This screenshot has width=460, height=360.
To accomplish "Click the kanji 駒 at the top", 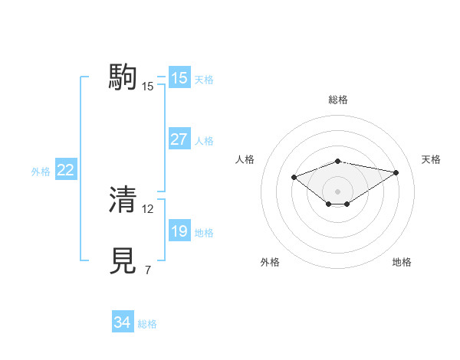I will pyautogui.click(x=123, y=77).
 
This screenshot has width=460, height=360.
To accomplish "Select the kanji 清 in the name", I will pyautogui.click(x=123, y=199).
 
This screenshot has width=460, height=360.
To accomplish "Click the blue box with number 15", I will pyautogui.click(x=179, y=78).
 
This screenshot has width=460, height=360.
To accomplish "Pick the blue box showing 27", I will pyautogui.click(x=179, y=139).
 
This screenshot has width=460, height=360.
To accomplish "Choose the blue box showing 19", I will pyautogui.click(x=179, y=231).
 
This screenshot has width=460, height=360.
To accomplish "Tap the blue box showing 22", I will pyautogui.click(x=66, y=170).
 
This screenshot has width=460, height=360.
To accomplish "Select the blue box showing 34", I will pyautogui.click(x=122, y=322).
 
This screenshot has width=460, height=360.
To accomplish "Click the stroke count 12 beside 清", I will pyautogui.click(x=148, y=208).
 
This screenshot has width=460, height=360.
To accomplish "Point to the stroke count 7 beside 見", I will pyautogui.click(x=147, y=270).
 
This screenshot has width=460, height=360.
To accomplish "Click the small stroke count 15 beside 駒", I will pyautogui.click(x=148, y=87).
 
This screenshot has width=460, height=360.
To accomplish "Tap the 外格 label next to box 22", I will pyautogui.click(x=41, y=172).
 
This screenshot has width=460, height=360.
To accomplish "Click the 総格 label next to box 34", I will pyautogui.click(x=147, y=324).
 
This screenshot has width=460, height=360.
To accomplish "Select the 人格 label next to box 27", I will pyautogui.click(x=204, y=141).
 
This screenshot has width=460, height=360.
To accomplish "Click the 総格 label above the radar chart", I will pyautogui.click(x=338, y=100).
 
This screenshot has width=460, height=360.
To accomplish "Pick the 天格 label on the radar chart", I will pyautogui.click(x=431, y=159).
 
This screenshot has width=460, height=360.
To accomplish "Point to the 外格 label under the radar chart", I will pyautogui.click(x=270, y=262).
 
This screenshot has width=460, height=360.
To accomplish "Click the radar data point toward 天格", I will pyautogui.click(x=396, y=172).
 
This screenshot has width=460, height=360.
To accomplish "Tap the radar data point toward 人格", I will pyautogui.click(x=294, y=177).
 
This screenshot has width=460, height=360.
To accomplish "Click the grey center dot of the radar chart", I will pyautogui.click(x=338, y=191).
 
